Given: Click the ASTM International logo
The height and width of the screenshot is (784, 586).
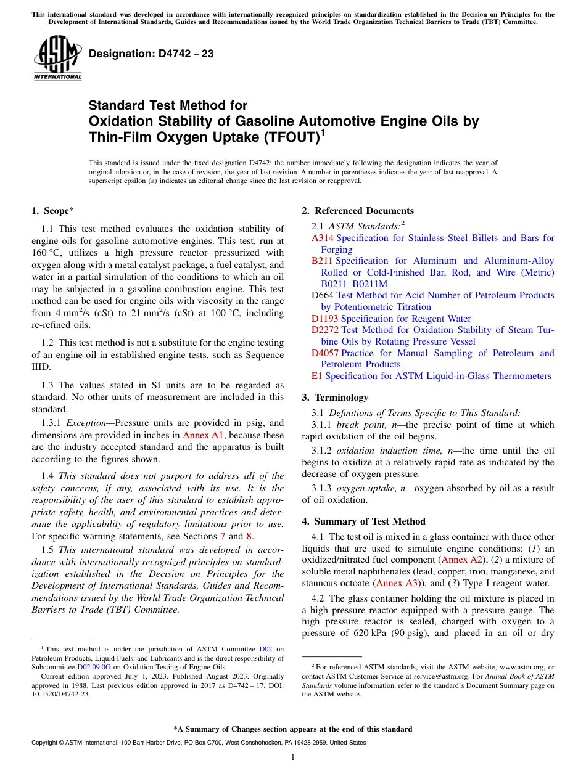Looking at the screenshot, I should [57, 58].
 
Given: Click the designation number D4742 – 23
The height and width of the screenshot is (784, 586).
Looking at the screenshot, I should [151, 54].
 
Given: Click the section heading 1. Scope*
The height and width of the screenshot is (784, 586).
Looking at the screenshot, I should [53, 211].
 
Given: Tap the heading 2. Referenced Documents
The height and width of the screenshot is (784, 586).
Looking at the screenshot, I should [358, 211].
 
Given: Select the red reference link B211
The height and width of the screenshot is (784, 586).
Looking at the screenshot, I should [323, 261].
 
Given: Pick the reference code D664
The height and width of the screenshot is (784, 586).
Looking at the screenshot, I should [323, 295].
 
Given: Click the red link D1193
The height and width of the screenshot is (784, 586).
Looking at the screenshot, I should [325, 319].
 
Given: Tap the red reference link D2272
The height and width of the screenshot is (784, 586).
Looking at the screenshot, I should [325, 330].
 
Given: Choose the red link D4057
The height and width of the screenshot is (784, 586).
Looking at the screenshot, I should [325, 353].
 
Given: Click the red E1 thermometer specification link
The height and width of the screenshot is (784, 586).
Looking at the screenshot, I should [317, 376].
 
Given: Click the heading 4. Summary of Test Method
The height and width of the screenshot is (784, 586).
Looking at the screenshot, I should [363, 521].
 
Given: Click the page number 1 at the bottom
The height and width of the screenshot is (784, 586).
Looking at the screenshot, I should [293, 757].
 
